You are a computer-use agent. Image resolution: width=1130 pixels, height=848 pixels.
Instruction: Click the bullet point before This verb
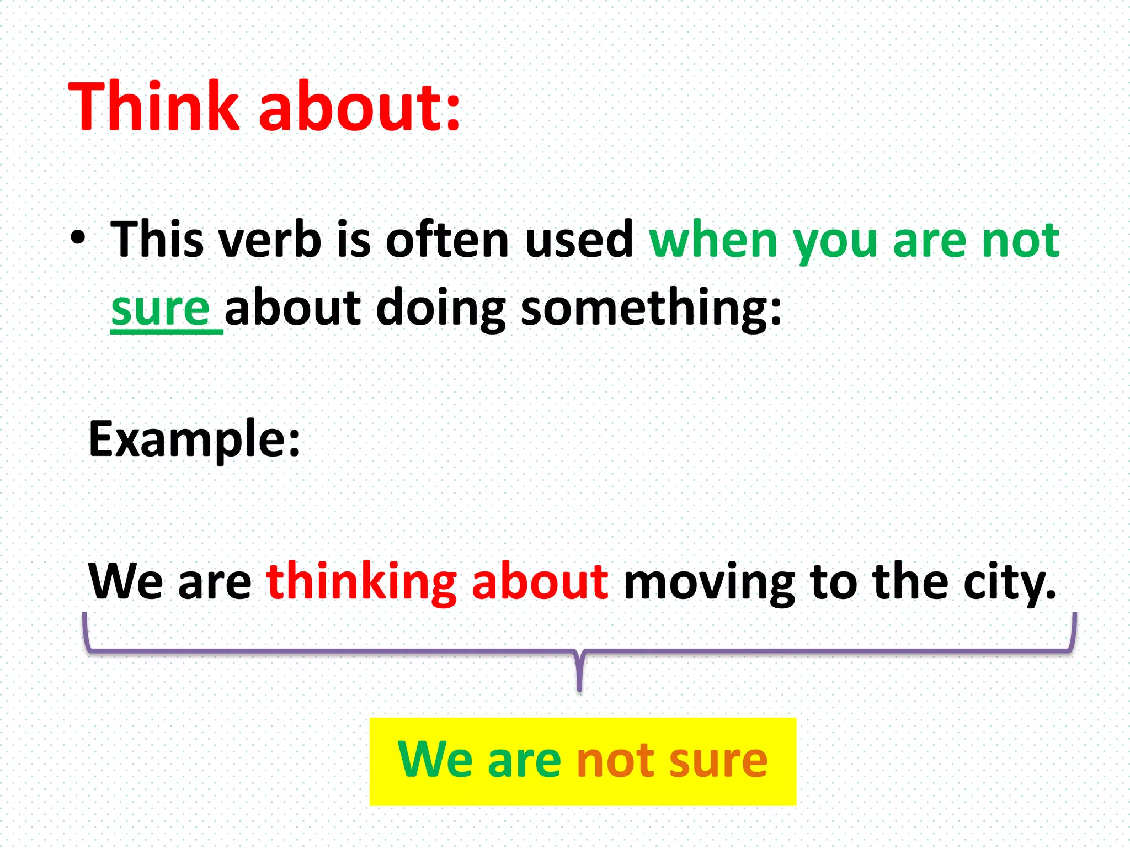(x=78, y=239)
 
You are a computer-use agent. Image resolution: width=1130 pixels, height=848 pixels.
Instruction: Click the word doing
(x=440, y=309)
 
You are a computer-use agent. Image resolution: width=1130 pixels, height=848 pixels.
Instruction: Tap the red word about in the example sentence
(x=540, y=581)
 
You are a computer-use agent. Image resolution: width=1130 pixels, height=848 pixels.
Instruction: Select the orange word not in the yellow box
(x=614, y=761)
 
